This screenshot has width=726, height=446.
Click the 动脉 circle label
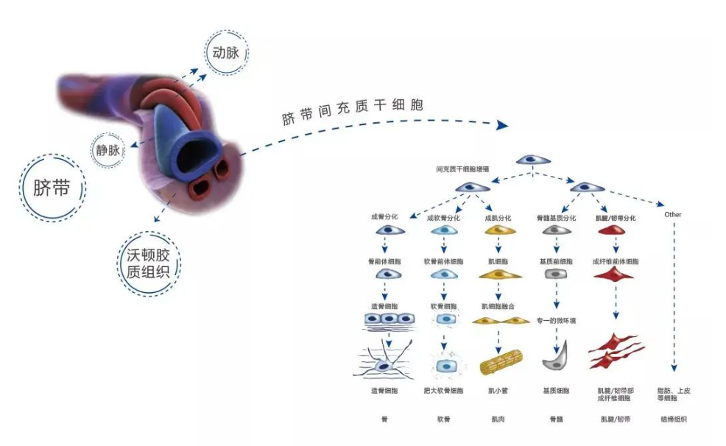pyautogui.click(x=226, y=54)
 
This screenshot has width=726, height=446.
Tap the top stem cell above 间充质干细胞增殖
pyautogui.click(x=532, y=160)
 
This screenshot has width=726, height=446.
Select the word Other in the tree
pyautogui.click(x=672, y=215)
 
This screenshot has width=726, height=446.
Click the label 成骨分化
pyautogui.click(x=384, y=217)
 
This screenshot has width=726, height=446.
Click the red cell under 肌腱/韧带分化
pyautogui.click(x=616, y=231)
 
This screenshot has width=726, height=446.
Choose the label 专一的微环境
pyautogui.click(x=555, y=319)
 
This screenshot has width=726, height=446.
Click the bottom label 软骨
pyautogui.click(x=443, y=420)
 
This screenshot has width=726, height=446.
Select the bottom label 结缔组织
pyautogui.click(x=674, y=420)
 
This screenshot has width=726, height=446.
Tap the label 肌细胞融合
pyautogui.click(x=500, y=305)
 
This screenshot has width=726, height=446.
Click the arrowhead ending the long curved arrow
pyautogui.click(x=503, y=126)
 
